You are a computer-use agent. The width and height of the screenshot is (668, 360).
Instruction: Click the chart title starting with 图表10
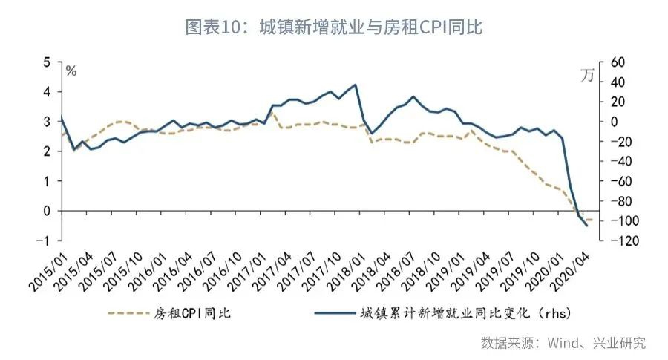(334, 27)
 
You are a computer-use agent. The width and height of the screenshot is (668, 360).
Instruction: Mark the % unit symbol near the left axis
(71, 71)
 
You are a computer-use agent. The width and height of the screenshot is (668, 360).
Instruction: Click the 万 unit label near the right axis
(587, 75)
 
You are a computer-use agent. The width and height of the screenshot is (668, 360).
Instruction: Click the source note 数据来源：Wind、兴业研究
(563, 343)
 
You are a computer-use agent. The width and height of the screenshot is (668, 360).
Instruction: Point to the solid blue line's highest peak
(357, 85)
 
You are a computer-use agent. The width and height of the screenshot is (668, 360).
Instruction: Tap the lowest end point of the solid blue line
(588, 226)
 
